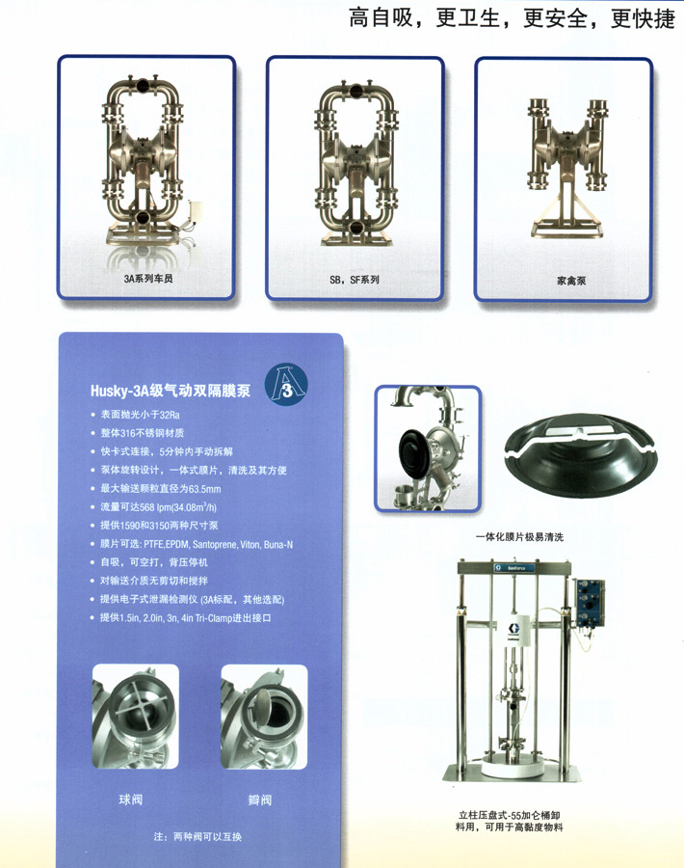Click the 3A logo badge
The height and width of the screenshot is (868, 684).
286,385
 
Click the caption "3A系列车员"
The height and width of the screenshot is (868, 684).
148,279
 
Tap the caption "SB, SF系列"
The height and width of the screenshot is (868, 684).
355,280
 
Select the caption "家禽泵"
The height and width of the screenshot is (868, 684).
571,281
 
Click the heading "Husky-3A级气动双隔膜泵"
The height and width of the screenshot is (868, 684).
171,391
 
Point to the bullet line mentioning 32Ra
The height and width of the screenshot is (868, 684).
140,415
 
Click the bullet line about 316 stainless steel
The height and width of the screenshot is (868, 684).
143,433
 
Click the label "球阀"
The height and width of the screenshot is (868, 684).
131,800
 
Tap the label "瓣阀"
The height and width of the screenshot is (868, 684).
260,800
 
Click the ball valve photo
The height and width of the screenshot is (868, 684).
136,717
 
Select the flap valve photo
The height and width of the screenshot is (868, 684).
264,717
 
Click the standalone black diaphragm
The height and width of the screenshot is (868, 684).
580,454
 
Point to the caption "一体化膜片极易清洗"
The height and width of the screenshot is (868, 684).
520,536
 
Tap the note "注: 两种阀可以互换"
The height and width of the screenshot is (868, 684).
197,836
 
